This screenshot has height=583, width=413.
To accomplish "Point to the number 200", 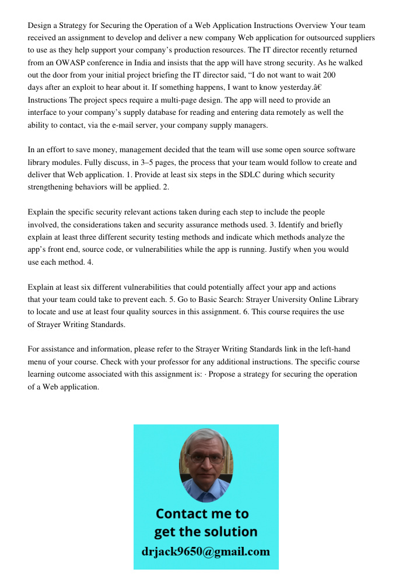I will (330, 75).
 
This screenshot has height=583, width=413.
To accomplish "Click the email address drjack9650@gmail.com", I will (206, 552).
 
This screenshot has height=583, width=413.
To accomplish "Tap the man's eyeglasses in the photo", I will (206, 458).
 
